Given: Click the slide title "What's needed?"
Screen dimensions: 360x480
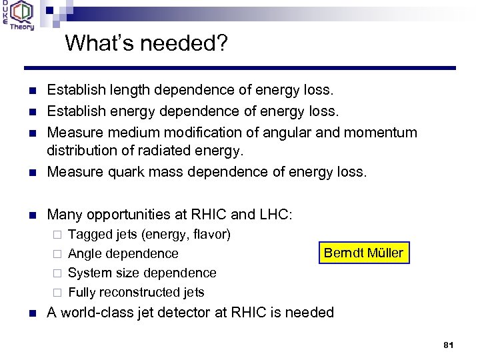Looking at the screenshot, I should pyautogui.click(x=146, y=44).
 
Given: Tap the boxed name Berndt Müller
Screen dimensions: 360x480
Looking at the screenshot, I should pyautogui.click(x=363, y=253).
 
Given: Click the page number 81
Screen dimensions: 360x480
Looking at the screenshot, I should pyautogui.click(x=448, y=345).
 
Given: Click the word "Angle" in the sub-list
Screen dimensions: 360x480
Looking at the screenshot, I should pyautogui.click(x=85, y=253).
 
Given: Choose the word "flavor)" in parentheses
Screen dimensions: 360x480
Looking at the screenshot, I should pyautogui.click(x=209, y=234).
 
